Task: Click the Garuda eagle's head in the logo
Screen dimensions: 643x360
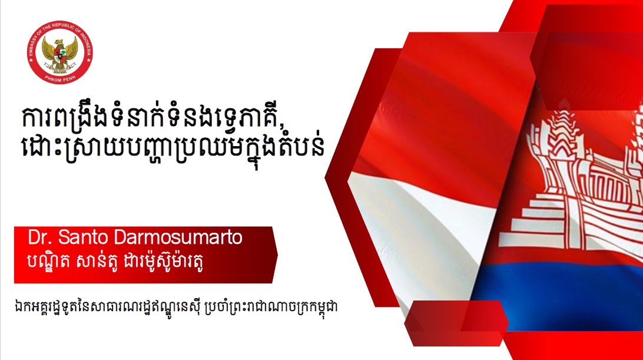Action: pyautogui.click(x=59, y=42)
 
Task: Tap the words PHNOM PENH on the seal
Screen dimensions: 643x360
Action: pyautogui.click(x=60, y=79)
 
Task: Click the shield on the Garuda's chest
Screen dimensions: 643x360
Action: pyautogui.click(x=60, y=55)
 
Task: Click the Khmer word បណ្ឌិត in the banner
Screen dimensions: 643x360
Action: pyautogui.click(x=48, y=261)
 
